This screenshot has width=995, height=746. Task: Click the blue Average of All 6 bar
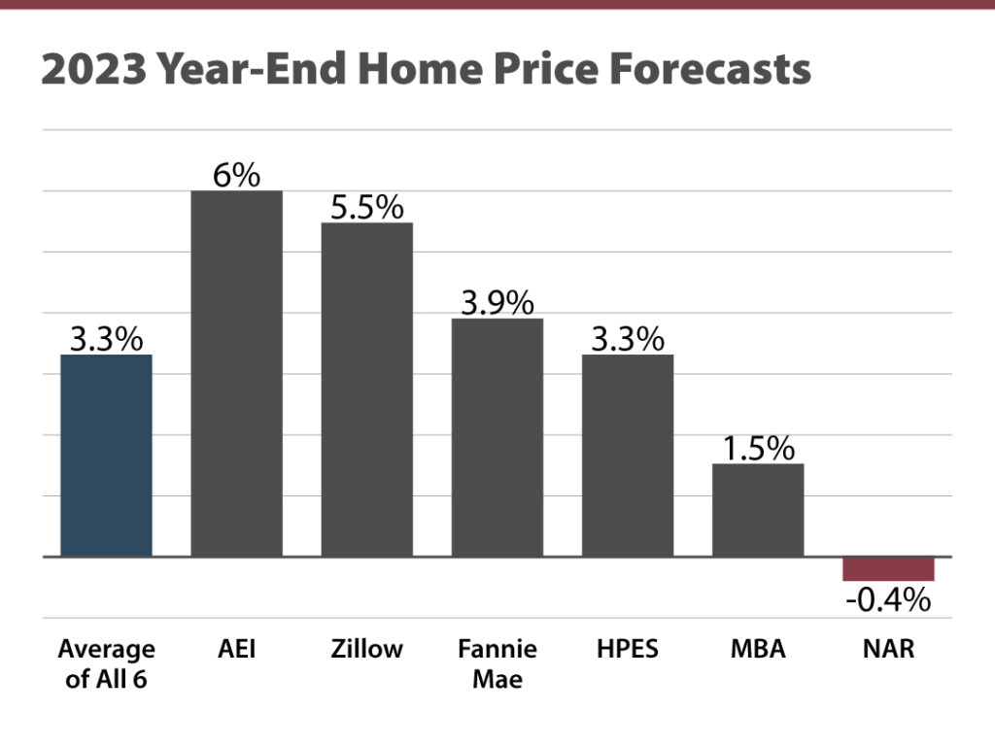click(106, 456)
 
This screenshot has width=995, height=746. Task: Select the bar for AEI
click(236, 374)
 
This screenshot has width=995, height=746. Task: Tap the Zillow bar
click(367, 390)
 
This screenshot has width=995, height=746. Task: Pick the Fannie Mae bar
click(497, 437)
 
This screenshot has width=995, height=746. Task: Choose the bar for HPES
click(628, 456)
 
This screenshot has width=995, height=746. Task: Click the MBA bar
click(758, 510)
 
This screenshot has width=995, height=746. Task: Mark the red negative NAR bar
click(888, 569)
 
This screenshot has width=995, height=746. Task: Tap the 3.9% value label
click(497, 303)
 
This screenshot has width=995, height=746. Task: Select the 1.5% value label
click(758, 449)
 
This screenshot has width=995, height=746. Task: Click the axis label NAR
click(888, 649)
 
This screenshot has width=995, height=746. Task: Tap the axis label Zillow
click(367, 649)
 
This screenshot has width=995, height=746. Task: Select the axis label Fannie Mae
click(497, 663)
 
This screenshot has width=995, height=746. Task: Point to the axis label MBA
click(758, 649)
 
